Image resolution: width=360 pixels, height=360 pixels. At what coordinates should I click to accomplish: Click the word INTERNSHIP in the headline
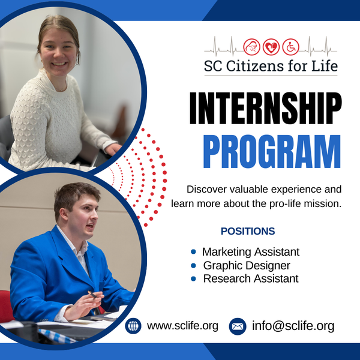click(x=266, y=108)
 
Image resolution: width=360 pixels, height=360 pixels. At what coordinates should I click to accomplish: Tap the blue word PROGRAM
click(x=272, y=151)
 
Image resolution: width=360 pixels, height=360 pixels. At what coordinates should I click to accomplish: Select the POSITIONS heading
click(x=248, y=231)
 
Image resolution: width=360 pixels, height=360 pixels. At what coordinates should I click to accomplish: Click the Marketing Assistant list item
click(x=251, y=252)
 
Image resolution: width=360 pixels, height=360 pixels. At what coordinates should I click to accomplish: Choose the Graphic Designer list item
click(x=247, y=266)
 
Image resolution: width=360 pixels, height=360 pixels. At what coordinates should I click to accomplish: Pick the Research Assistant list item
click(x=251, y=279)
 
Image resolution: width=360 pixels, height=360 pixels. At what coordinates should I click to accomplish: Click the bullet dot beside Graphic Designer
click(x=193, y=266)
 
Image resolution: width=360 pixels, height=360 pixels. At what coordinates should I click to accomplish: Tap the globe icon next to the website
click(x=133, y=326)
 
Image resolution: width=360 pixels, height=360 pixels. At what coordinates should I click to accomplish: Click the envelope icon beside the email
click(x=238, y=326)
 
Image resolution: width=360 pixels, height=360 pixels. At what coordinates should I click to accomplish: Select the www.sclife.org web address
click(x=182, y=326)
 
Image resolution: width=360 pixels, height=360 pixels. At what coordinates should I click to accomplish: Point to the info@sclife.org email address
click(x=293, y=326)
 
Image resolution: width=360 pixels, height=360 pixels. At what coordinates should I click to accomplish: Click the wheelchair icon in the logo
click(x=290, y=47)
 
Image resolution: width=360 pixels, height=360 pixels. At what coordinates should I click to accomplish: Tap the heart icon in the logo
click(x=271, y=47)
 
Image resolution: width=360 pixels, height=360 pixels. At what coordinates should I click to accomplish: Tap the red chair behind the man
click(x=6, y=306)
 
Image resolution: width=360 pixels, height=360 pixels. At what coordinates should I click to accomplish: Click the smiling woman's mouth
click(x=59, y=64)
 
